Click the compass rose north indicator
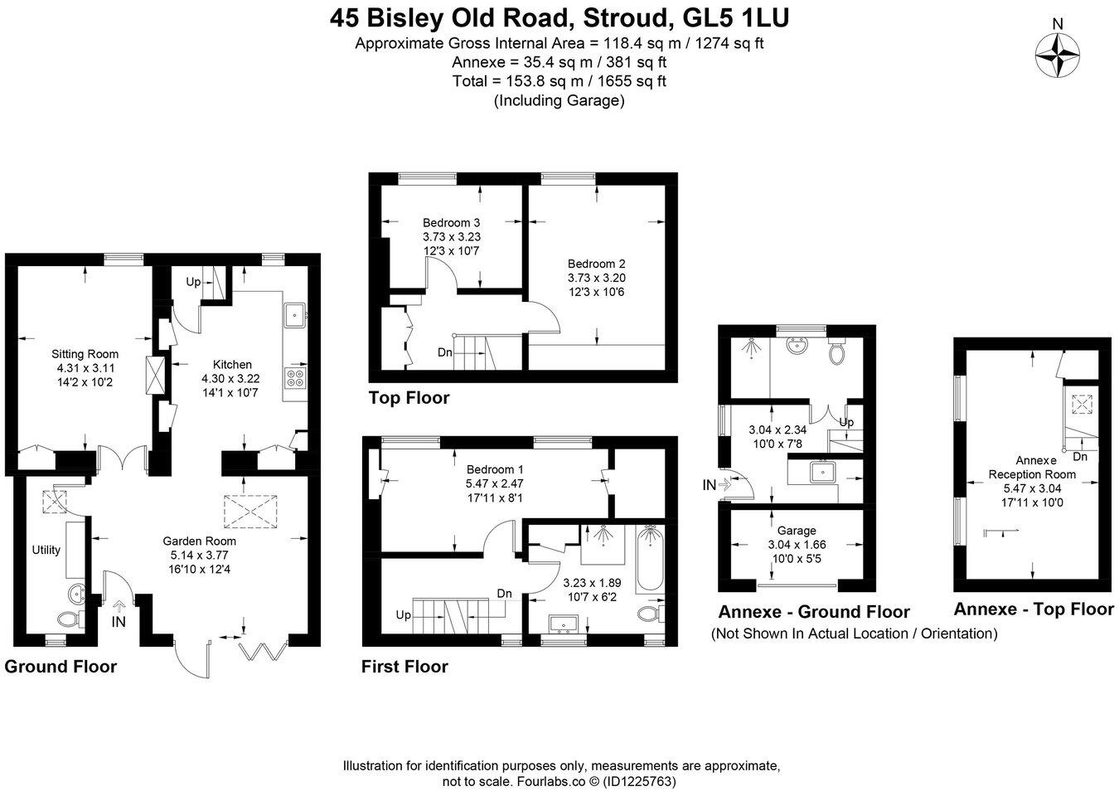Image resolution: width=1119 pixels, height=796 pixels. pyautogui.click(x=1058, y=55)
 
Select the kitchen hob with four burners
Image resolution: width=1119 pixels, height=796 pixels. pyautogui.click(x=294, y=377)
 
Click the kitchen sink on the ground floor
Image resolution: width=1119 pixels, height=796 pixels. pyautogui.click(x=294, y=315)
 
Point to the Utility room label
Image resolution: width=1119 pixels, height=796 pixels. pyautogui.click(x=46, y=550)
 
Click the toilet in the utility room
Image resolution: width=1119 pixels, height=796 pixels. pyautogui.click(x=70, y=619)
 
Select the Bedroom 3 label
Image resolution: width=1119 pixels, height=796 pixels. pyautogui.click(x=451, y=222)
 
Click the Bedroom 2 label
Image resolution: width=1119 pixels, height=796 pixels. pyautogui.click(x=596, y=264)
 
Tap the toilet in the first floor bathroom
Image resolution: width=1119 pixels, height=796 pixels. pyautogui.click(x=651, y=614)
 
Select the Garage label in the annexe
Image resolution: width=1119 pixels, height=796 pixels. pyautogui.click(x=797, y=531)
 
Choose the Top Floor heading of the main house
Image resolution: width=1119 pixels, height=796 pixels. pyautogui.click(x=409, y=398)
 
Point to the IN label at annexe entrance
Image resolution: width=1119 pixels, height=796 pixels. pyautogui.click(x=709, y=485)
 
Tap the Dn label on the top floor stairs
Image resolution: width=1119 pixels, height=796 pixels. pyautogui.click(x=445, y=352)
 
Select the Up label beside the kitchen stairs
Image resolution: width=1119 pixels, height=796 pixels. pyautogui.click(x=192, y=282)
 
